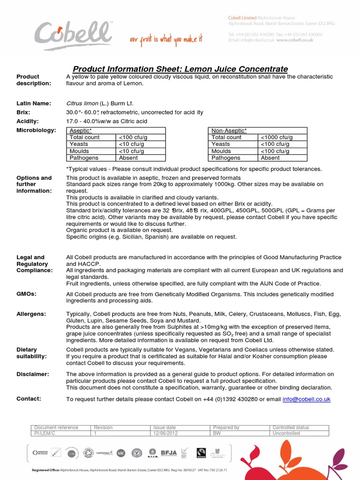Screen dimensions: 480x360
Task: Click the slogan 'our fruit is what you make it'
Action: point(166,40)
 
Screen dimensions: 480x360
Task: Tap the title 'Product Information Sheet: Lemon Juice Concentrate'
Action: point(180,69)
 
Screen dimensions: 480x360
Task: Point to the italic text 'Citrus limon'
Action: point(82,103)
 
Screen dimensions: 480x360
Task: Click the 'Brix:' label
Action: point(23,112)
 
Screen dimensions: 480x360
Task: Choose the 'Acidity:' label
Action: point(27,121)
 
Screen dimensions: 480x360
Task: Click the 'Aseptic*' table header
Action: point(81,130)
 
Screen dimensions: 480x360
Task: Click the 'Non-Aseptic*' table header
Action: point(229,130)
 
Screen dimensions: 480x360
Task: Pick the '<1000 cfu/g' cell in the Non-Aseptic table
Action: point(277,137)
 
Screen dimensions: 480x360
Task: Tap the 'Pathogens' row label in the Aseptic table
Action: point(84,158)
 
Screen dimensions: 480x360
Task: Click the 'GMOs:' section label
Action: point(26,294)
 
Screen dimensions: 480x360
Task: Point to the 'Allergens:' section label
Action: point(31,314)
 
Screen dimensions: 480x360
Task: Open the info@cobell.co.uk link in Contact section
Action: point(306,399)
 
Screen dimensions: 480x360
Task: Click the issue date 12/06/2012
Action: point(165,434)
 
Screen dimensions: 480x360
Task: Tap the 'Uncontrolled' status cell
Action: point(286,434)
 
